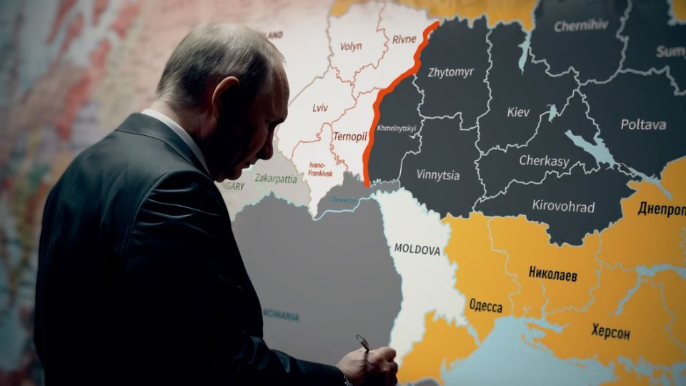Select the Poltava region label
point(643,124)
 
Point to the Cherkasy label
point(544,161)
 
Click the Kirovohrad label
point(563,207)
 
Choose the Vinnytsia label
point(439,174)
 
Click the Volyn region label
point(347,46)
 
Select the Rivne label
point(409,40)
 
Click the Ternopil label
point(349,135)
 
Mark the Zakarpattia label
point(275,179)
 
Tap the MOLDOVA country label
point(417,249)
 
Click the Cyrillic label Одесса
point(485,307)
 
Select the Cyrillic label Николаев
point(552,274)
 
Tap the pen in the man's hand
point(364,343)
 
